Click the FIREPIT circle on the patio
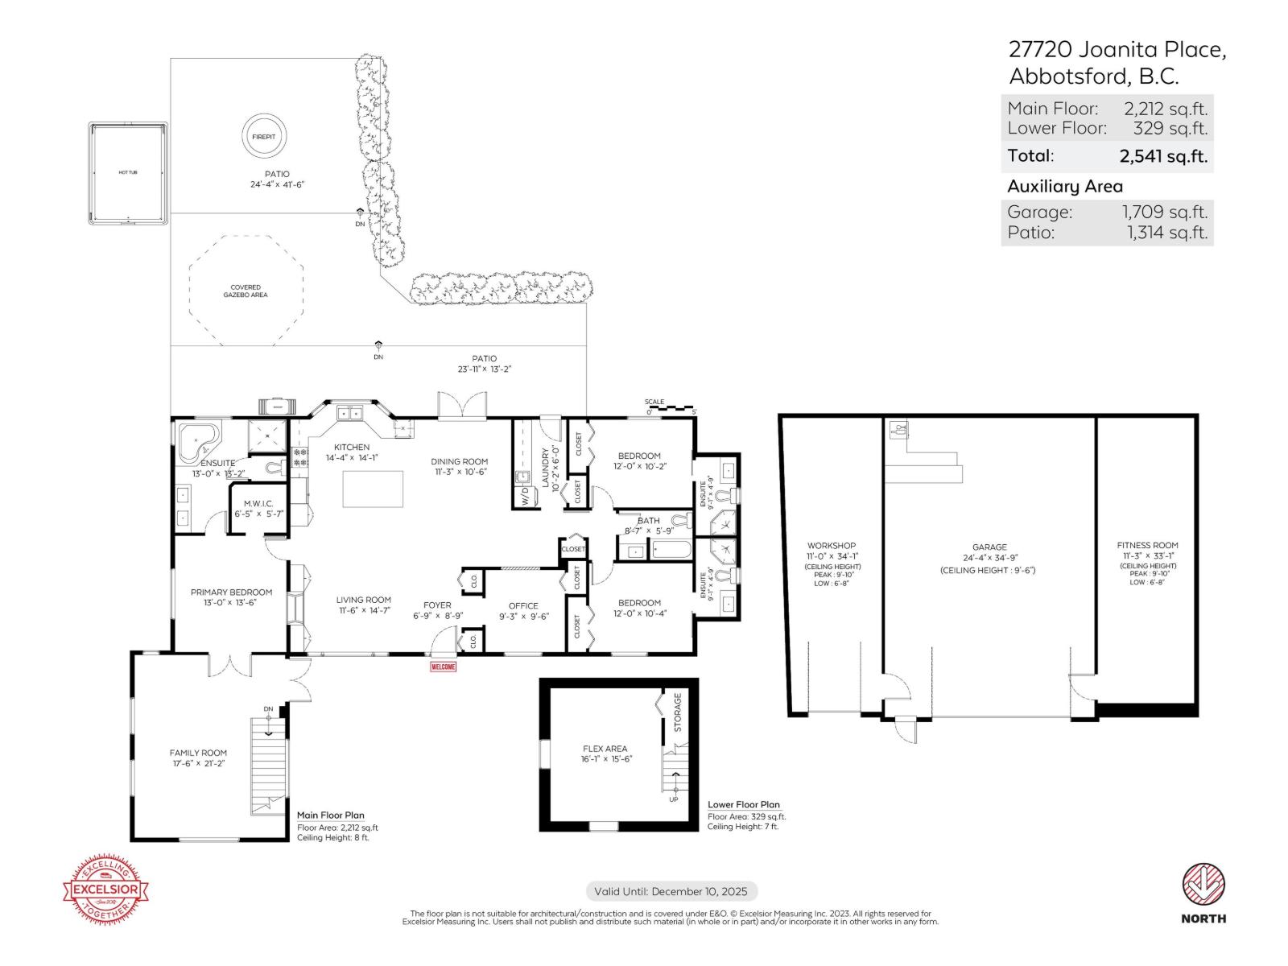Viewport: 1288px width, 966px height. click(263, 137)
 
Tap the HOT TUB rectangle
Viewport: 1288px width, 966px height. click(128, 173)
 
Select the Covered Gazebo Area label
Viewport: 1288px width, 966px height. click(246, 291)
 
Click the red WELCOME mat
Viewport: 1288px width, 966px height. click(444, 667)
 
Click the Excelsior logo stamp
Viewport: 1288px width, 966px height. click(106, 890)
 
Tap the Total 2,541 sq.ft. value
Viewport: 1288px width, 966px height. click(1162, 156)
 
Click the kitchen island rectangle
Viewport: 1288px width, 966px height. click(373, 489)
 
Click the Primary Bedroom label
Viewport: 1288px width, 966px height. click(231, 592)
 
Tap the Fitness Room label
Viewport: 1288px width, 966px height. click(1147, 545)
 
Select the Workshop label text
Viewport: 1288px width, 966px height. click(832, 546)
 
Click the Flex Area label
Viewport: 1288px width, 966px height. click(605, 749)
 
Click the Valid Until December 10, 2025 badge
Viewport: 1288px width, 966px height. click(671, 891)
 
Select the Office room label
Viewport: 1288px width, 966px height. click(523, 606)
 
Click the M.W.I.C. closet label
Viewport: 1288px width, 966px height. click(258, 503)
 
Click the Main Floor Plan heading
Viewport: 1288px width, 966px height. click(330, 815)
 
